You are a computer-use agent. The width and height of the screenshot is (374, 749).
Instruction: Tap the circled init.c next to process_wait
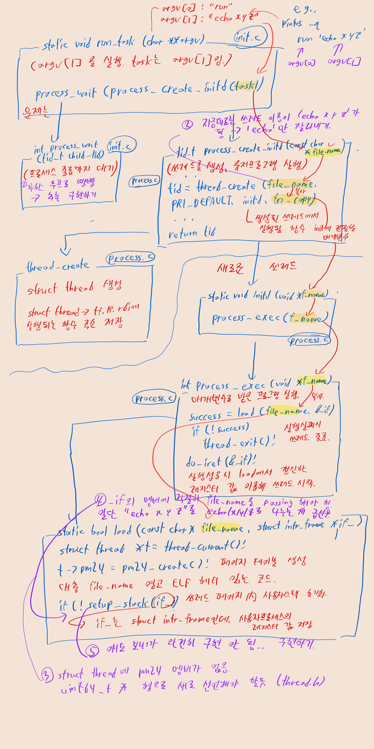[x=121, y=146]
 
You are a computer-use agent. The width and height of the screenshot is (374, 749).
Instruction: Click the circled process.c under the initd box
[x=309, y=340]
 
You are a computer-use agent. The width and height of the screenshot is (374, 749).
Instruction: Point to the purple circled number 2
[x=187, y=125]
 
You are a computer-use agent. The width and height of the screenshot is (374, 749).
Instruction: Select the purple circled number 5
[x=92, y=651]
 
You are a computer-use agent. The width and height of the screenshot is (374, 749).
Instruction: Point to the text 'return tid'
[x=192, y=233]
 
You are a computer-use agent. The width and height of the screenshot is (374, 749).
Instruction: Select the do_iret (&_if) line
[x=221, y=461]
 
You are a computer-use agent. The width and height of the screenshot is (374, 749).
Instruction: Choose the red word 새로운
[x=230, y=268]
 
